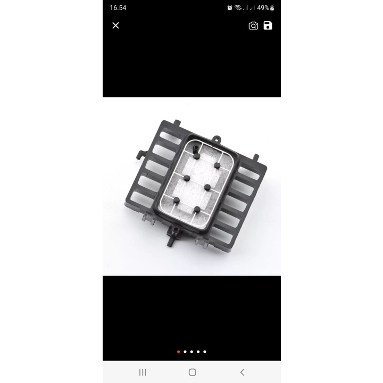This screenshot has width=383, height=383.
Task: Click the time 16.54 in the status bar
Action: pyautogui.click(x=118, y=8)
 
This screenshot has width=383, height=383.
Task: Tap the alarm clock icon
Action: pyautogui.click(x=230, y=8)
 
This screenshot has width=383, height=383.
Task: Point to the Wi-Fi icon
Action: pyautogui.click(x=238, y=8)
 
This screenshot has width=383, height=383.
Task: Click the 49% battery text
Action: pyautogui.click(x=263, y=8)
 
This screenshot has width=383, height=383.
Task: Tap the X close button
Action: pyautogui.click(x=115, y=26)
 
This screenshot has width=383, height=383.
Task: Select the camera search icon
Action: pyautogui.click(x=253, y=26)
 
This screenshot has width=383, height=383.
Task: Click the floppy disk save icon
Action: pyautogui.click(x=268, y=26)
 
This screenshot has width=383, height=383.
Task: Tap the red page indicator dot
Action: pyautogui.click(x=178, y=352)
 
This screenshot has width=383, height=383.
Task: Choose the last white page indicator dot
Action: pyautogui.click(x=205, y=352)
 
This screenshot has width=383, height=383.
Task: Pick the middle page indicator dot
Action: pyautogui.click(x=191, y=352)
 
